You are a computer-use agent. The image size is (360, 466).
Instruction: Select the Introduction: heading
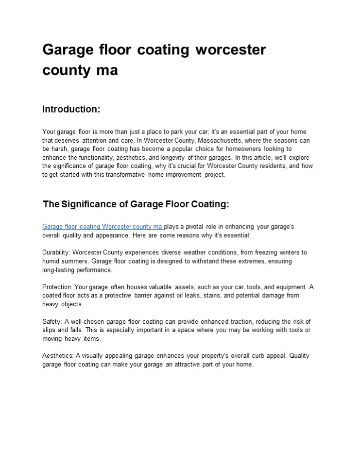(71, 109)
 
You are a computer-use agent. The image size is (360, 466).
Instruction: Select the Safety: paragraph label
(52, 321)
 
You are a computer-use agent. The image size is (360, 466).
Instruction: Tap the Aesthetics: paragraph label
(58, 356)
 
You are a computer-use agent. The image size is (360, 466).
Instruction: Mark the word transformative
(113, 175)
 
